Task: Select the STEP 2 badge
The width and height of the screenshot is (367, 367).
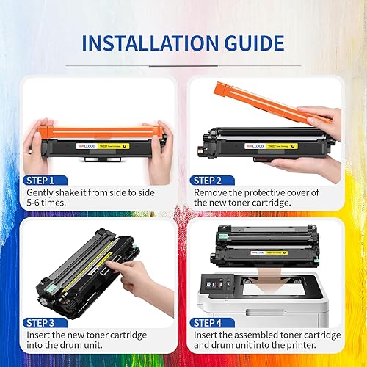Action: pos(213,180)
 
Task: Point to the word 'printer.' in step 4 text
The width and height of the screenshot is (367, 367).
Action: pos(320,346)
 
